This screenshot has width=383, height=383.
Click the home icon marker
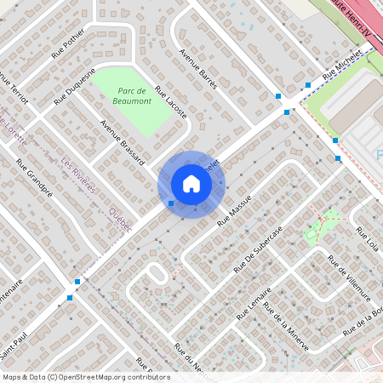pyautogui.click(x=191, y=184)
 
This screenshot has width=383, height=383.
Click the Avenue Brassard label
pyautogui.click(x=123, y=141)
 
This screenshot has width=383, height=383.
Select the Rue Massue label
pyautogui.click(x=236, y=209)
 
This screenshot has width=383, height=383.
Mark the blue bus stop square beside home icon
pyautogui.click(x=172, y=203)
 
